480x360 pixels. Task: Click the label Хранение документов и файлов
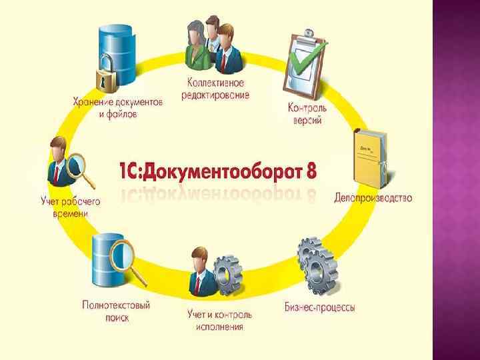117,108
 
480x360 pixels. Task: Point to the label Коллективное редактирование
215,89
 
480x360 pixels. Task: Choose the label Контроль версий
307,113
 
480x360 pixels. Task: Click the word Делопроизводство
373,198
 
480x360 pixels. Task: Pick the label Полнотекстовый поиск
117,311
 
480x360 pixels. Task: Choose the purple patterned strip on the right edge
456,180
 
